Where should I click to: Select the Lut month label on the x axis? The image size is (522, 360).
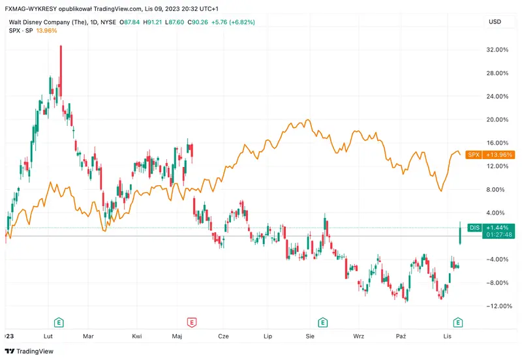coord(48,336)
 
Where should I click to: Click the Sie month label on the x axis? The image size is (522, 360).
coord(311,336)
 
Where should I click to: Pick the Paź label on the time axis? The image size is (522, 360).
coord(402,336)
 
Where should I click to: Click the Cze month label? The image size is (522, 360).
coord(223,336)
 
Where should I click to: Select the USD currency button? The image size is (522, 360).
coord(495,22)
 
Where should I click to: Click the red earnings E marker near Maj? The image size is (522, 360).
coord(192,322)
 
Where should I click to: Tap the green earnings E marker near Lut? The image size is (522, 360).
coord(59,322)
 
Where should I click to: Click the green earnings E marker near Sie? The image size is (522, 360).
coord(322,322)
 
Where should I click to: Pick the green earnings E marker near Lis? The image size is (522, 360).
coord(458,322)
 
